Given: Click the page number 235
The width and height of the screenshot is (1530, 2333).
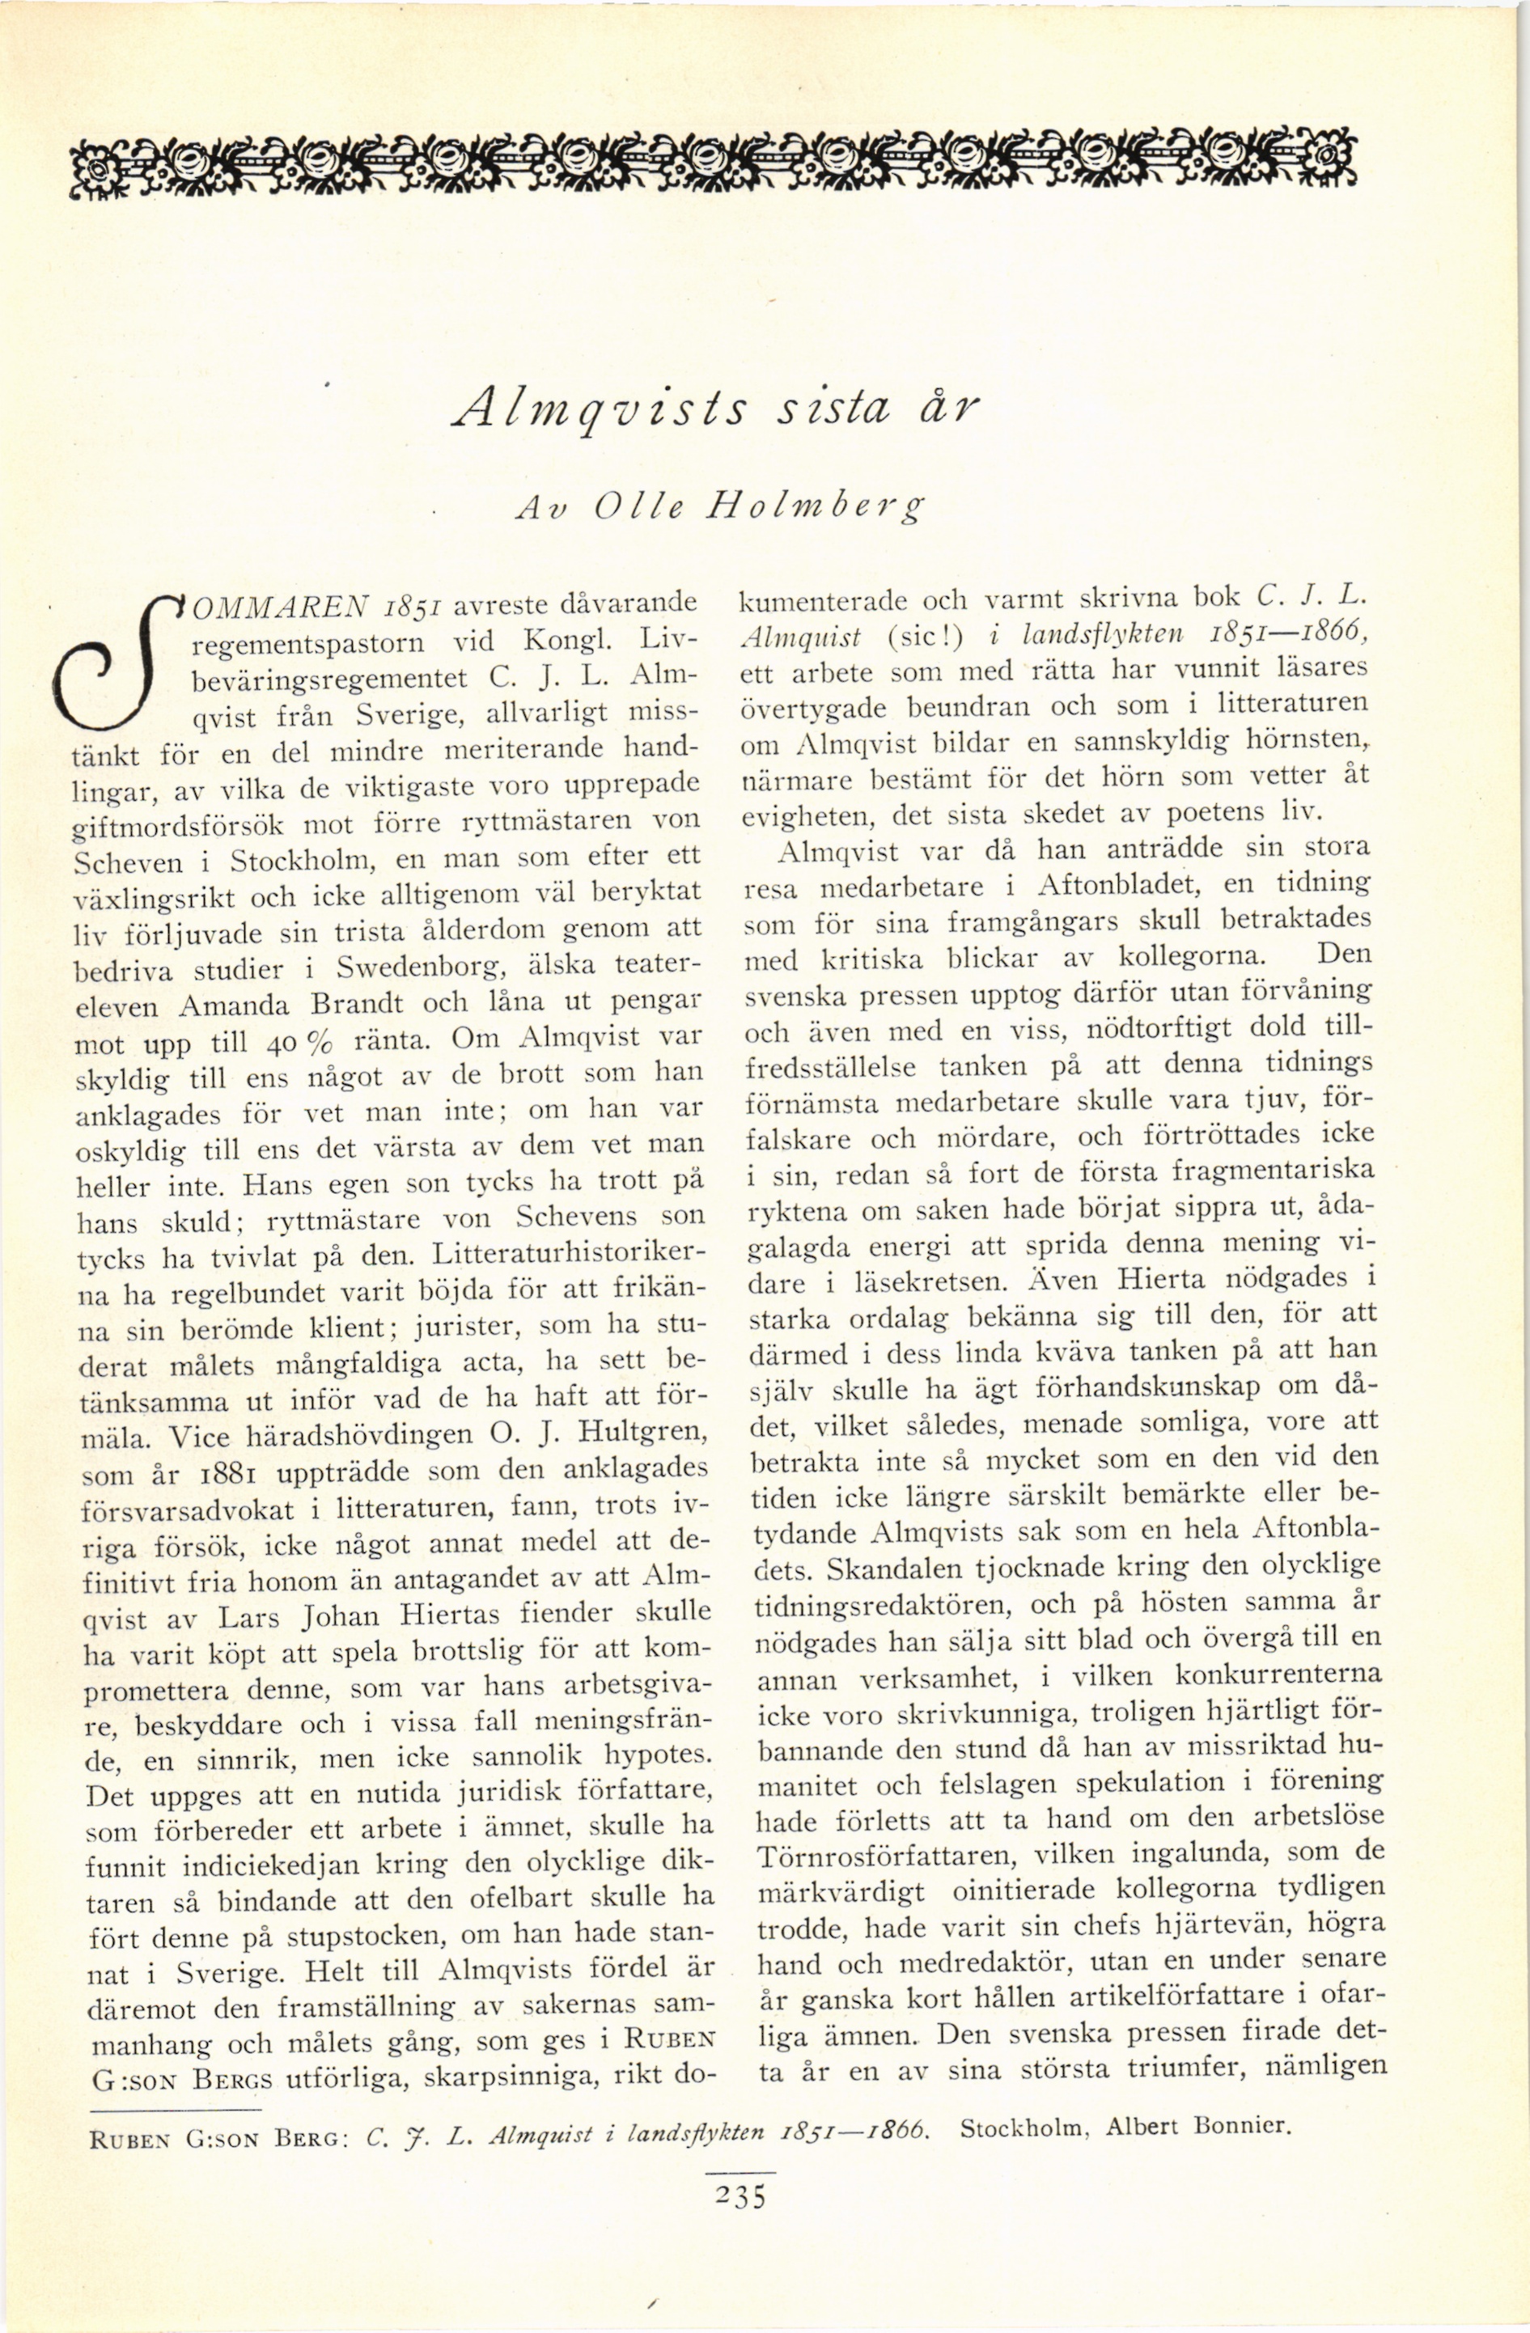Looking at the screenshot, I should (x=740, y=2195).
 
